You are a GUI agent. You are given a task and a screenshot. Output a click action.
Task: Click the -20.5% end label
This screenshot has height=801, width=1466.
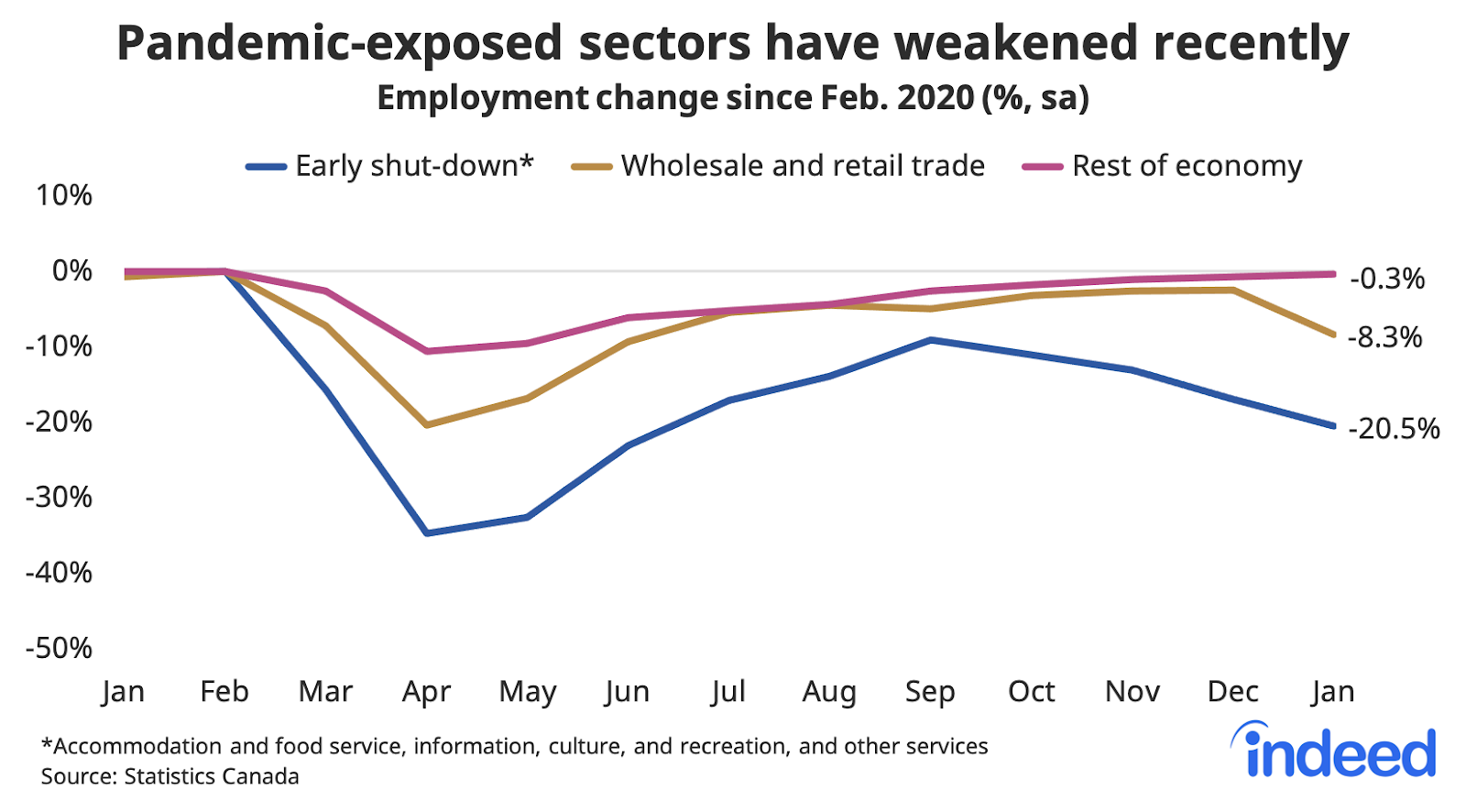click(1394, 428)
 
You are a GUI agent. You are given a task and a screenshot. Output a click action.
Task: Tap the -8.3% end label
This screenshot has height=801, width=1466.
click(1384, 337)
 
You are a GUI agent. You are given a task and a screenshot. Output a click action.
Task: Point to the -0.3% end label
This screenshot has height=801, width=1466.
click(1387, 278)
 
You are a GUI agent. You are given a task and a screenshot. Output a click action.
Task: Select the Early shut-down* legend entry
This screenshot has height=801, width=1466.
click(389, 166)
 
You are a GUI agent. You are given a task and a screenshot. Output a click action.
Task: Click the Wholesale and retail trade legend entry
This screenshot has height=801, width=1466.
click(778, 166)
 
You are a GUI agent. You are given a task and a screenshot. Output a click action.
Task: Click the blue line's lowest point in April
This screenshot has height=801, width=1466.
click(427, 532)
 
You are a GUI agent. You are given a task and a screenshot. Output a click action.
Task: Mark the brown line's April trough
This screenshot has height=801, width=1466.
click(427, 425)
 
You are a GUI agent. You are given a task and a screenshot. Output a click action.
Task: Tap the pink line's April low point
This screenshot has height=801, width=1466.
click(427, 351)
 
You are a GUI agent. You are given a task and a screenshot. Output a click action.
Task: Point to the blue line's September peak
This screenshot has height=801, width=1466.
click(931, 340)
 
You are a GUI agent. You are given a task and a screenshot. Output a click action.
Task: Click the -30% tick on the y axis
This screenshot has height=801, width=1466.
click(60, 497)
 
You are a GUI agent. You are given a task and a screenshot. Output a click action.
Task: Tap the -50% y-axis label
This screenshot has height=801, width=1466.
click(60, 648)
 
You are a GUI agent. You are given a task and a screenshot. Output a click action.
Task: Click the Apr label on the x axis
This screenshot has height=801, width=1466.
click(427, 692)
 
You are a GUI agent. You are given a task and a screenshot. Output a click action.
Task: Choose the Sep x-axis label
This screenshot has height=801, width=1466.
click(930, 691)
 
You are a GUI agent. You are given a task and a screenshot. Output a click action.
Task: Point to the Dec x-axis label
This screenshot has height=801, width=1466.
click(1232, 691)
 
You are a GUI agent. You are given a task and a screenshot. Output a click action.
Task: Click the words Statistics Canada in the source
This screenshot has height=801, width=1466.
click(212, 776)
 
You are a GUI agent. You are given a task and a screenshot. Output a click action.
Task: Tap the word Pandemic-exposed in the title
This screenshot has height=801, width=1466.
click(339, 44)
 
